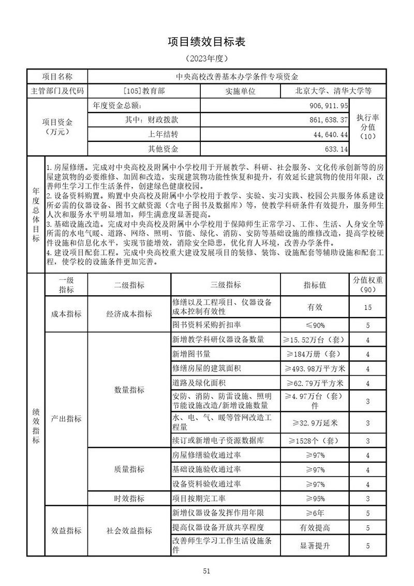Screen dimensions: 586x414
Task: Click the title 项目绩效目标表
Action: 206,42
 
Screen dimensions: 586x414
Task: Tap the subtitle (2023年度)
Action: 206,59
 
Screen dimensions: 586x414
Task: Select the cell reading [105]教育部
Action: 144,91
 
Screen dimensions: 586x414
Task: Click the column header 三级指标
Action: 226,285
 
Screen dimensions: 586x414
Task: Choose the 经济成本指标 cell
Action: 129,313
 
